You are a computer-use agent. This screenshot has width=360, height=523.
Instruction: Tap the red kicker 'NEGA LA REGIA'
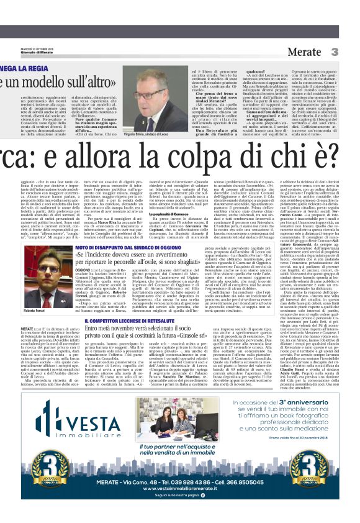[38, 67]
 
